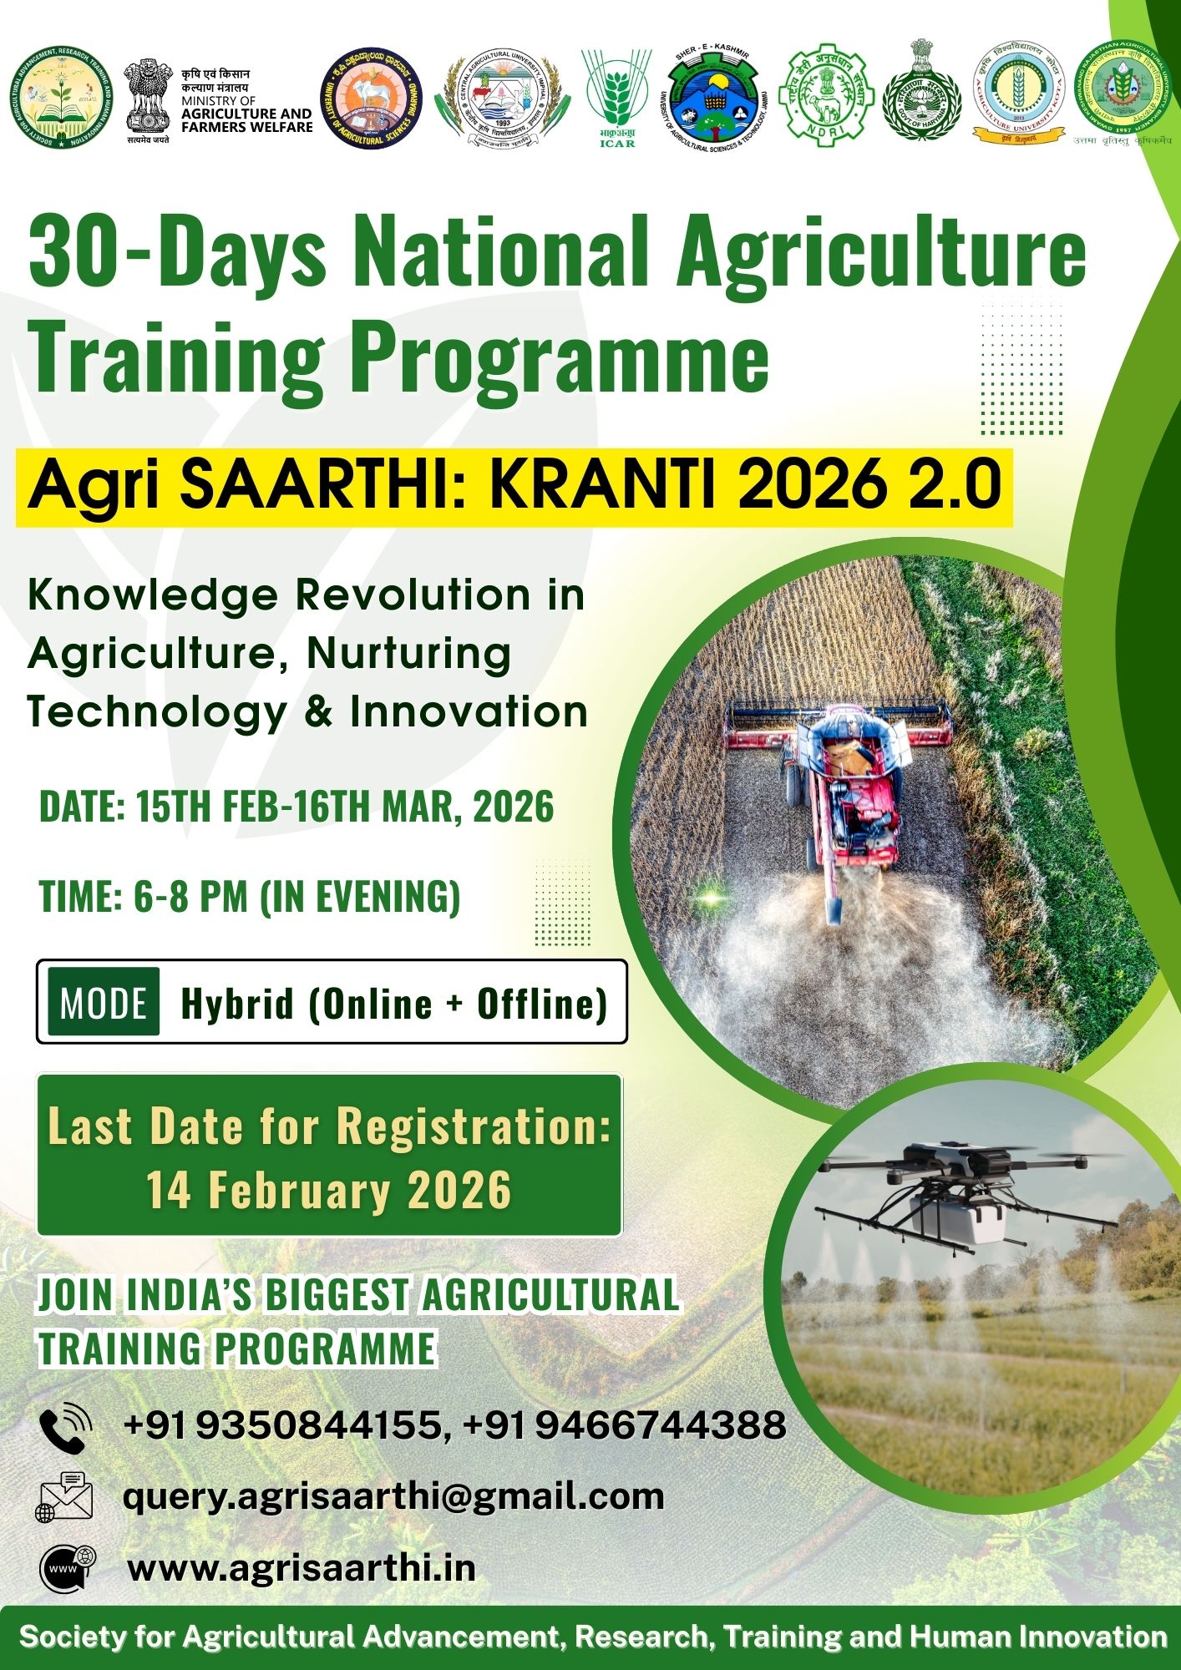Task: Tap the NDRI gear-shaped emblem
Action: (825, 95)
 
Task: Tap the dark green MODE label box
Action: (104, 1002)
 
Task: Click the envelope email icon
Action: (64, 1497)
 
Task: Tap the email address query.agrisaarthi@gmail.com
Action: (393, 1495)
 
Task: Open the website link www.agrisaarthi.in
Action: (302, 1567)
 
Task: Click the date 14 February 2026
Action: (328, 1189)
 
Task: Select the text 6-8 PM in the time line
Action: (190, 897)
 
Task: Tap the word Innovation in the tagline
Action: (469, 712)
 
